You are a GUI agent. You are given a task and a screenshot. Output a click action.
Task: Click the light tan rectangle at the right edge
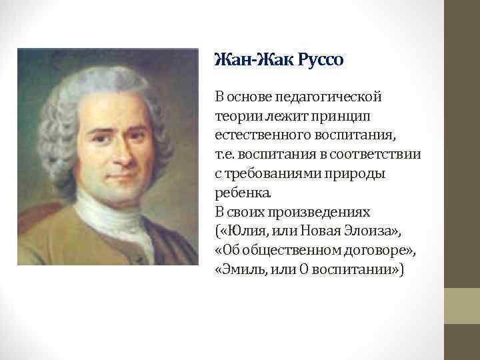click(x=462, y=306)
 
